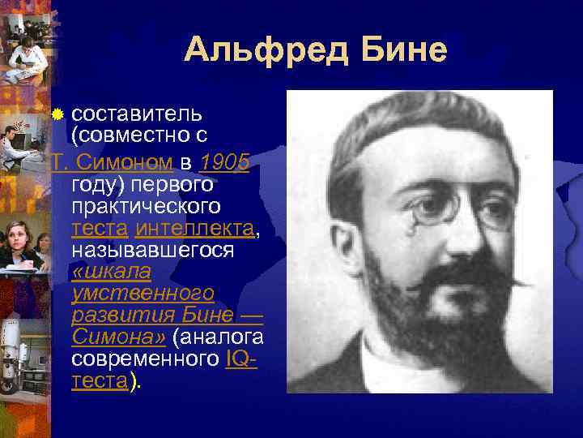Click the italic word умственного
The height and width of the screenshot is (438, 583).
pyautogui.click(x=142, y=293)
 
